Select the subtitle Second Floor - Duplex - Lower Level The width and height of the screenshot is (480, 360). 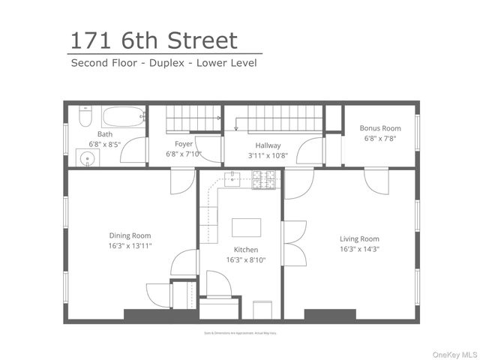[x=163, y=63]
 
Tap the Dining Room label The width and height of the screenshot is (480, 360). [x=130, y=235]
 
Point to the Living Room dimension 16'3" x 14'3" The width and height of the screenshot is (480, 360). [x=359, y=249]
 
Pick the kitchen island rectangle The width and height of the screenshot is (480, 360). [x=246, y=227]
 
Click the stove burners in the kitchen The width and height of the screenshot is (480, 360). [x=263, y=179]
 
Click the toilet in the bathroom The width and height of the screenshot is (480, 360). [x=84, y=118]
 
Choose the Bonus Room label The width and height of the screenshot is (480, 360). [x=379, y=128]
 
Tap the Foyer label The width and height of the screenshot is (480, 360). [x=184, y=144]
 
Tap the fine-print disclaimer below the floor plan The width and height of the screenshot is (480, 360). [x=240, y=332]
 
